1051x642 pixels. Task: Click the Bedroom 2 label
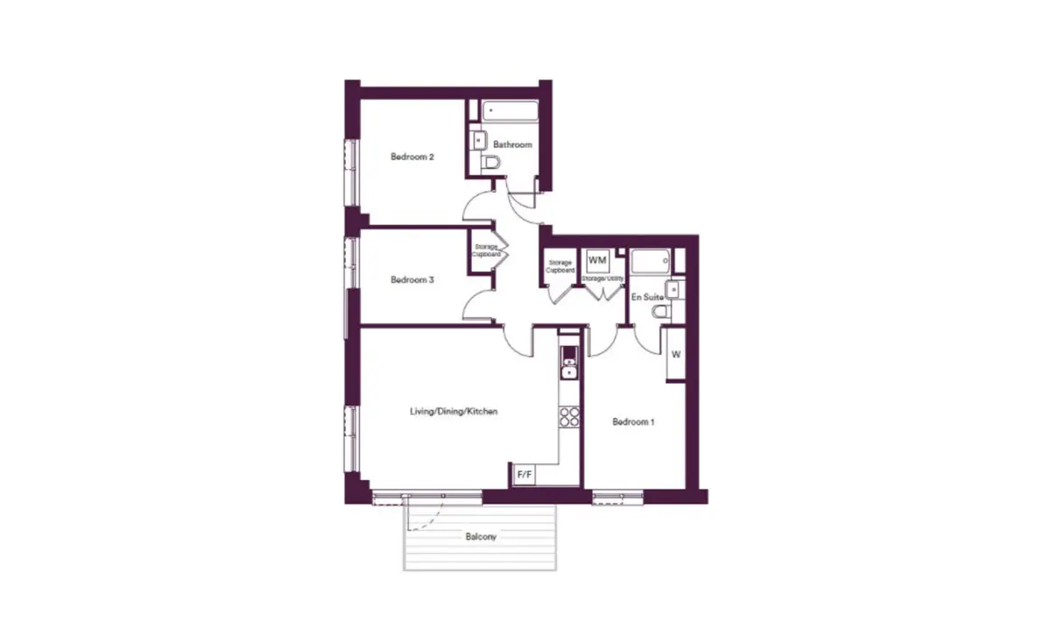412,157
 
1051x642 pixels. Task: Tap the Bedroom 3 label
412,279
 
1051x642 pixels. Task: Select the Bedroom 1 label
633,422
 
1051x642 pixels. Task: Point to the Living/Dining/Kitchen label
454,412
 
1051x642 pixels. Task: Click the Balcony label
481,536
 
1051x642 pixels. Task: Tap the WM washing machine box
597,260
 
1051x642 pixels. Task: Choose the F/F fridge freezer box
524,475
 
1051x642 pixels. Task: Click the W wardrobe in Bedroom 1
676,355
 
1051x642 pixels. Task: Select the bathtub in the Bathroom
510,111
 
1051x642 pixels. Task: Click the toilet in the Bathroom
490,163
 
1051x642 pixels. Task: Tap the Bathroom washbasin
478,140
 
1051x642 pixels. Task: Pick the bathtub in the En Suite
650,261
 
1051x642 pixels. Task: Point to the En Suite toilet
661,311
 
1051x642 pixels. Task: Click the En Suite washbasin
673,290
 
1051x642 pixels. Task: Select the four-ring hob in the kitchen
569,417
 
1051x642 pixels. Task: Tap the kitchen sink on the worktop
569,368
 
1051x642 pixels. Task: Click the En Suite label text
647,297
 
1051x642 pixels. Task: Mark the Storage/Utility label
603,279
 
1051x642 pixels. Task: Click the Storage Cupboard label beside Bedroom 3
486,250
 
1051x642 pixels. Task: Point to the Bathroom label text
512,145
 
